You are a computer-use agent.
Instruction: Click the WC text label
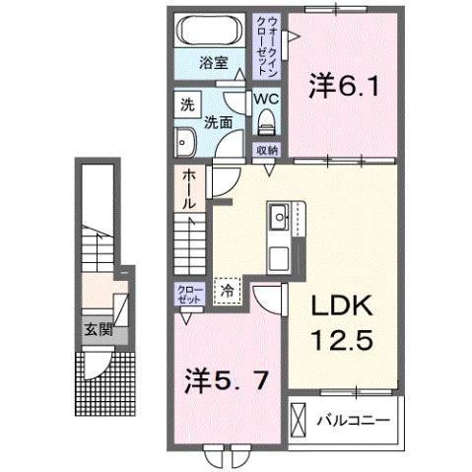[266, 99]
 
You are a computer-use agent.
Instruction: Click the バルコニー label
[352, 421]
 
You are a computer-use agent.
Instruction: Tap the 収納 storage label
[266, 150]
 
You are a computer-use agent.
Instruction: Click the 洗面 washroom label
[218, 123]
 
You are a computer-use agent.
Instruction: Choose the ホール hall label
[187, 188]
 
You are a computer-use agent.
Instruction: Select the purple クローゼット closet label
[188, 293]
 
